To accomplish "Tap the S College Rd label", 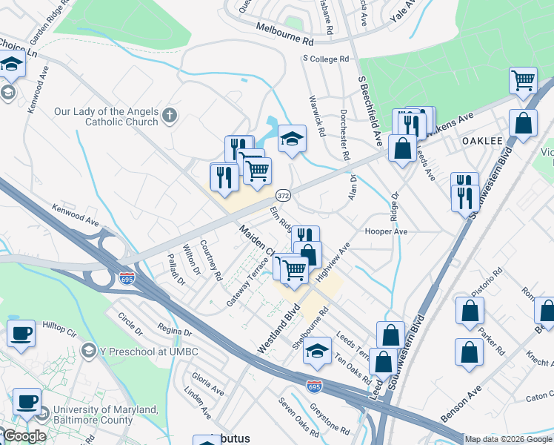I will point(325,59).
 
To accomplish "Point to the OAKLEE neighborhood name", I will point(482,141).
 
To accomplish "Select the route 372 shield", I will point(282,195).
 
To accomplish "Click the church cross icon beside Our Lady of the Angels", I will point(170,115).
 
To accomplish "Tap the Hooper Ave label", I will point(386,231).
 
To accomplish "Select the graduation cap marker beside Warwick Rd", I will point(292,137).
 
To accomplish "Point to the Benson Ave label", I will point(461,405).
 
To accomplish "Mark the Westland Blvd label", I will point(278,329).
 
